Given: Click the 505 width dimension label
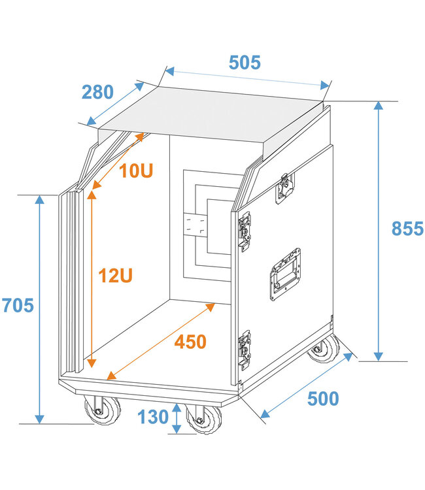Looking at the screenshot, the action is (245, 63).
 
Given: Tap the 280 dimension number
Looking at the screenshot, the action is (97, 92).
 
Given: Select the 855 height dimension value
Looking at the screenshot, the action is (407, 228).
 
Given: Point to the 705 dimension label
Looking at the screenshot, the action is (18, 305).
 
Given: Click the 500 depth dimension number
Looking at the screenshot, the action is (323, 399).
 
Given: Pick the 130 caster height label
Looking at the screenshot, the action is (153, 417).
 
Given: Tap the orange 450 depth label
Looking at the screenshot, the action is (190, 342).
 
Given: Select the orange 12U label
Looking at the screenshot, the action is (115, 275).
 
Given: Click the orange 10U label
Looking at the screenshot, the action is (136, 171).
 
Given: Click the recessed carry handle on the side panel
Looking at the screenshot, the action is (285, 274).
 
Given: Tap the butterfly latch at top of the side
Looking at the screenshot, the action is (285, 188).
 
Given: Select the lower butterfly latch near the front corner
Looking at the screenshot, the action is (245, 350).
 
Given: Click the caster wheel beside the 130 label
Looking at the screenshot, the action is (203, 419).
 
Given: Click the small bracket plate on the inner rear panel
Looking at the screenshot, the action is (195, 225).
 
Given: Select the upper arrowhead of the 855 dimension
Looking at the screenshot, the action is (379, 106).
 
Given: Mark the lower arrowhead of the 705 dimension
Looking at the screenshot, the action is (40, 419).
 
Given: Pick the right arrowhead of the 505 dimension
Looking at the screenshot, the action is (324, 85).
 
